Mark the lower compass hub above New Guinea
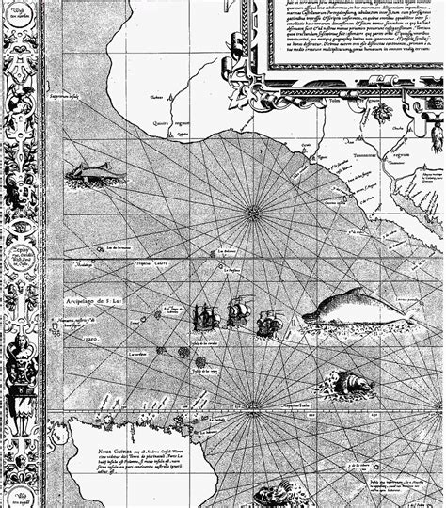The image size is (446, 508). tap(248, 412)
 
